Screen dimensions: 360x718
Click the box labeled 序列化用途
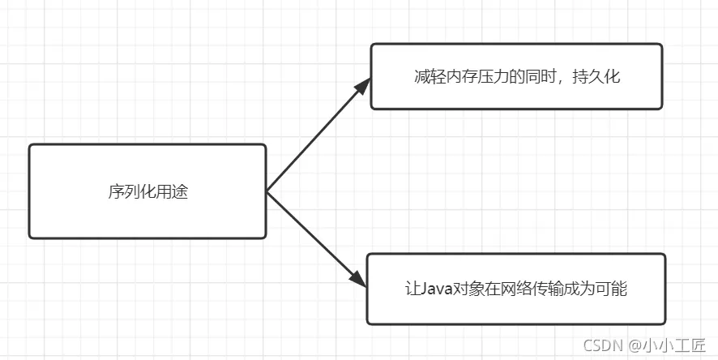click(x=147, y=191)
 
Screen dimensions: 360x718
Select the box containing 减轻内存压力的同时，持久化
click(x=516, y=76)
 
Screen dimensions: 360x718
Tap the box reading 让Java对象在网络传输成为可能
click(x=516, y=289)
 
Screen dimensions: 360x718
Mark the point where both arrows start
click(x=267, y=191)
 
